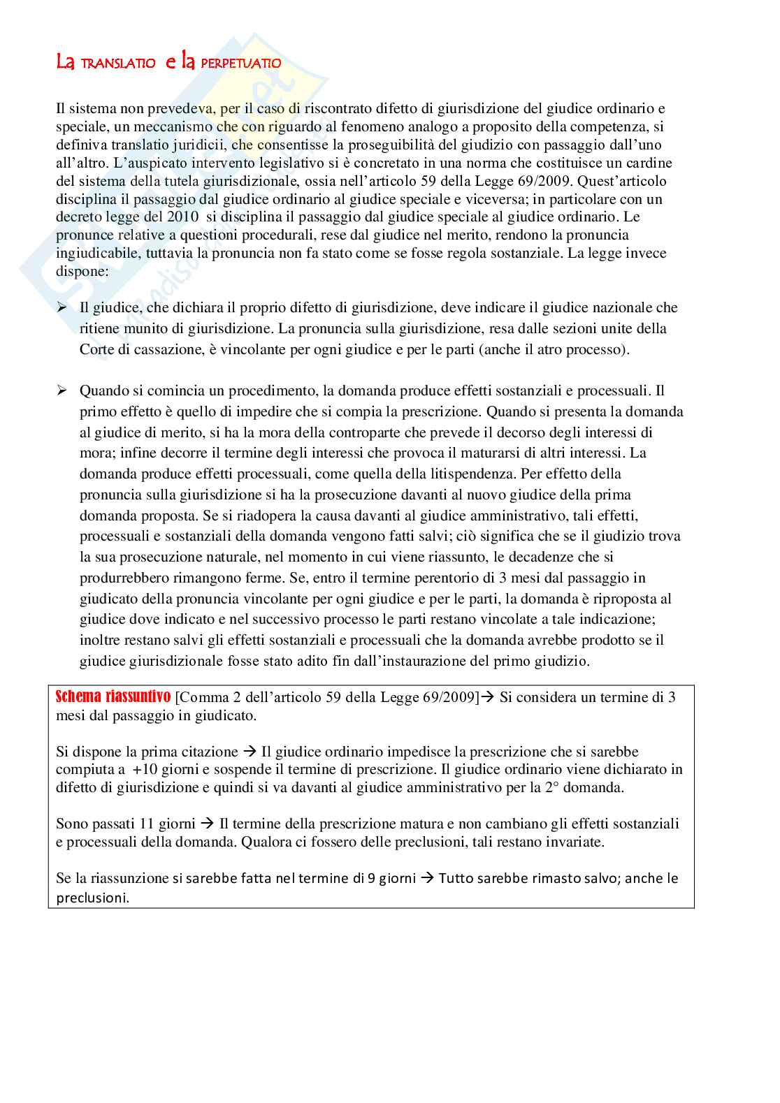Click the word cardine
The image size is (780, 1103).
[x=649, y=163]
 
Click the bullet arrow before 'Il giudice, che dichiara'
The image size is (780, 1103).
[x=62, y=308]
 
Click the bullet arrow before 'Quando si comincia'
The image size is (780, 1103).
[x=62, y=391]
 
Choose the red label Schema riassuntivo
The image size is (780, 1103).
[x=113, y=696]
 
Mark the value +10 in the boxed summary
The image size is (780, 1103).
[x=143, y=770]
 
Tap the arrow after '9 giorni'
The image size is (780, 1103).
[x=428, y=879]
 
